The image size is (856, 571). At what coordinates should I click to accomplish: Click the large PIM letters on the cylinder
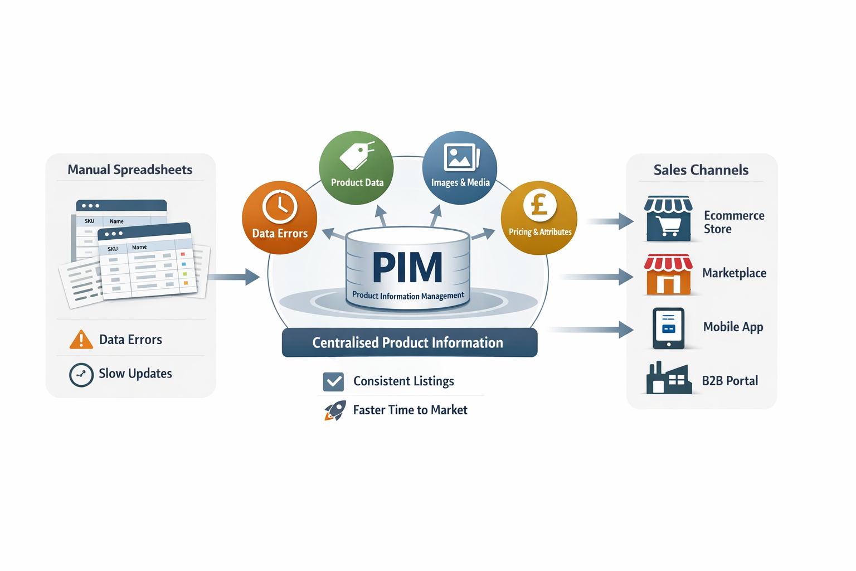[407, 268]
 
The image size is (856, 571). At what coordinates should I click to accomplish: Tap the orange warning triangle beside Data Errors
[81, 340]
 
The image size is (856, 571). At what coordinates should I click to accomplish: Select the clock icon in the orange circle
[280, 206]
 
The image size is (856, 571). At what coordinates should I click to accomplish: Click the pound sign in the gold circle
[539, 205]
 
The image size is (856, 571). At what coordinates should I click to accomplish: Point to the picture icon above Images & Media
[460, 157]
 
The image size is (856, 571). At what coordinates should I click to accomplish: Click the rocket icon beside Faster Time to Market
[335, 410]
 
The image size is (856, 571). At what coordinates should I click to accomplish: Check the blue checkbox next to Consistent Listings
[333, 381]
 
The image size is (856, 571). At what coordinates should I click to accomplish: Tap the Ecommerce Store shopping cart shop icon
[668, 219]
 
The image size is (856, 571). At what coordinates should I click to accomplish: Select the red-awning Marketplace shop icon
[668, 274]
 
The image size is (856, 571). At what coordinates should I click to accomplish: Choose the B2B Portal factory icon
[668, 379]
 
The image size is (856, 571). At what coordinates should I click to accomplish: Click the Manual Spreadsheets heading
[130, 170]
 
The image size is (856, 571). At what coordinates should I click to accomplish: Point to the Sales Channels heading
[701, 170]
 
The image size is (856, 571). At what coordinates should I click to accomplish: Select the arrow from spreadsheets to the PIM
[234, 277]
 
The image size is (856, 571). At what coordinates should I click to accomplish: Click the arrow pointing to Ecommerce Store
[611, 221]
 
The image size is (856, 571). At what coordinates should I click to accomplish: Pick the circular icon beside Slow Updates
[81, 375]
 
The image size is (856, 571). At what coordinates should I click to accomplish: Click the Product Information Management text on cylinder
[408, 296]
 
